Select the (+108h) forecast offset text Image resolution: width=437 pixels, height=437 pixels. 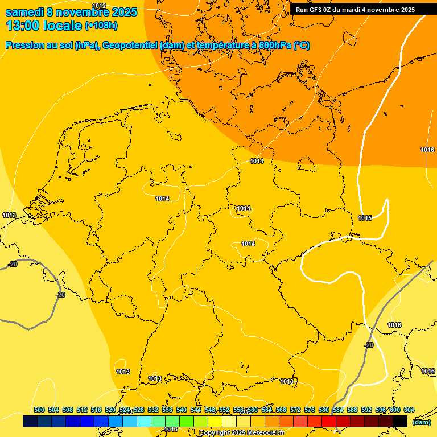(101, 26)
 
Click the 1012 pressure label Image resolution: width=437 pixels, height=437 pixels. (99, 6)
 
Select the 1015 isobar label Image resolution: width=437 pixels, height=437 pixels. (365, 218)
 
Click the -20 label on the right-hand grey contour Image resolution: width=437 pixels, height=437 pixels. (369, 345)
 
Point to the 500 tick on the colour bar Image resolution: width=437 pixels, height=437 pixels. (39, 410)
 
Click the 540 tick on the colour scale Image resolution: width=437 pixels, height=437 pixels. (182, 410)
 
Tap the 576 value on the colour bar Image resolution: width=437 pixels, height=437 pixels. (310, 410)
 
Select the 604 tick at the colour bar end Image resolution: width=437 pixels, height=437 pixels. (409, 410)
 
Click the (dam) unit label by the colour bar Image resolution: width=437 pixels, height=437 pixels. (420, 422)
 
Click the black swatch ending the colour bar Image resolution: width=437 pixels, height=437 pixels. (400, 421)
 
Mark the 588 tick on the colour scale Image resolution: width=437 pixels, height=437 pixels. (352, 410)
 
